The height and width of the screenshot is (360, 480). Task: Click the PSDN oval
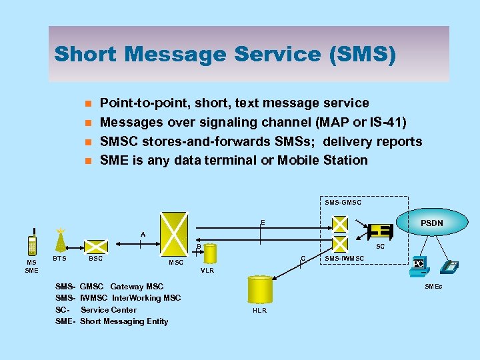click(431, 223)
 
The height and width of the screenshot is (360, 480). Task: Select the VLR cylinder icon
click(211, 254)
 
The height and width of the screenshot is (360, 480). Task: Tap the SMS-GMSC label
click(343, 202)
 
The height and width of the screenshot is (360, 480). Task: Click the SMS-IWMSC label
click(344, 258)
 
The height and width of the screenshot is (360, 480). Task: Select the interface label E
click(263, 222)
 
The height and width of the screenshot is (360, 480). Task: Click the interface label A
click(142, 234)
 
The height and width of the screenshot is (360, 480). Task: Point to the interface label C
click(303, 258)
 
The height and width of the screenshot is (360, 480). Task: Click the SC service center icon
click(381, 231)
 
